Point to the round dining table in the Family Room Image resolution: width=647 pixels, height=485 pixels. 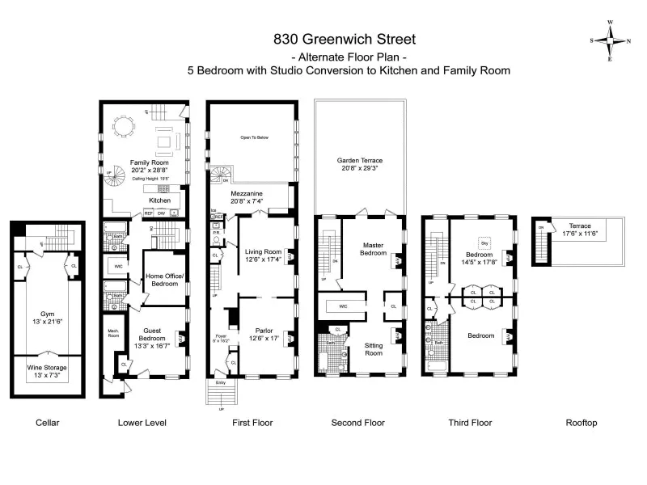point(123,126)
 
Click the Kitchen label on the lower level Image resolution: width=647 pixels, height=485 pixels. point(159,199)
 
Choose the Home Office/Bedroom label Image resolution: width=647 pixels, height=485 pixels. point(165,280)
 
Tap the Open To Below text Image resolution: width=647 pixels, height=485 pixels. point(254,137)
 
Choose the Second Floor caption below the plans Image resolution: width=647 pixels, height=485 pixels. point(358,422)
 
